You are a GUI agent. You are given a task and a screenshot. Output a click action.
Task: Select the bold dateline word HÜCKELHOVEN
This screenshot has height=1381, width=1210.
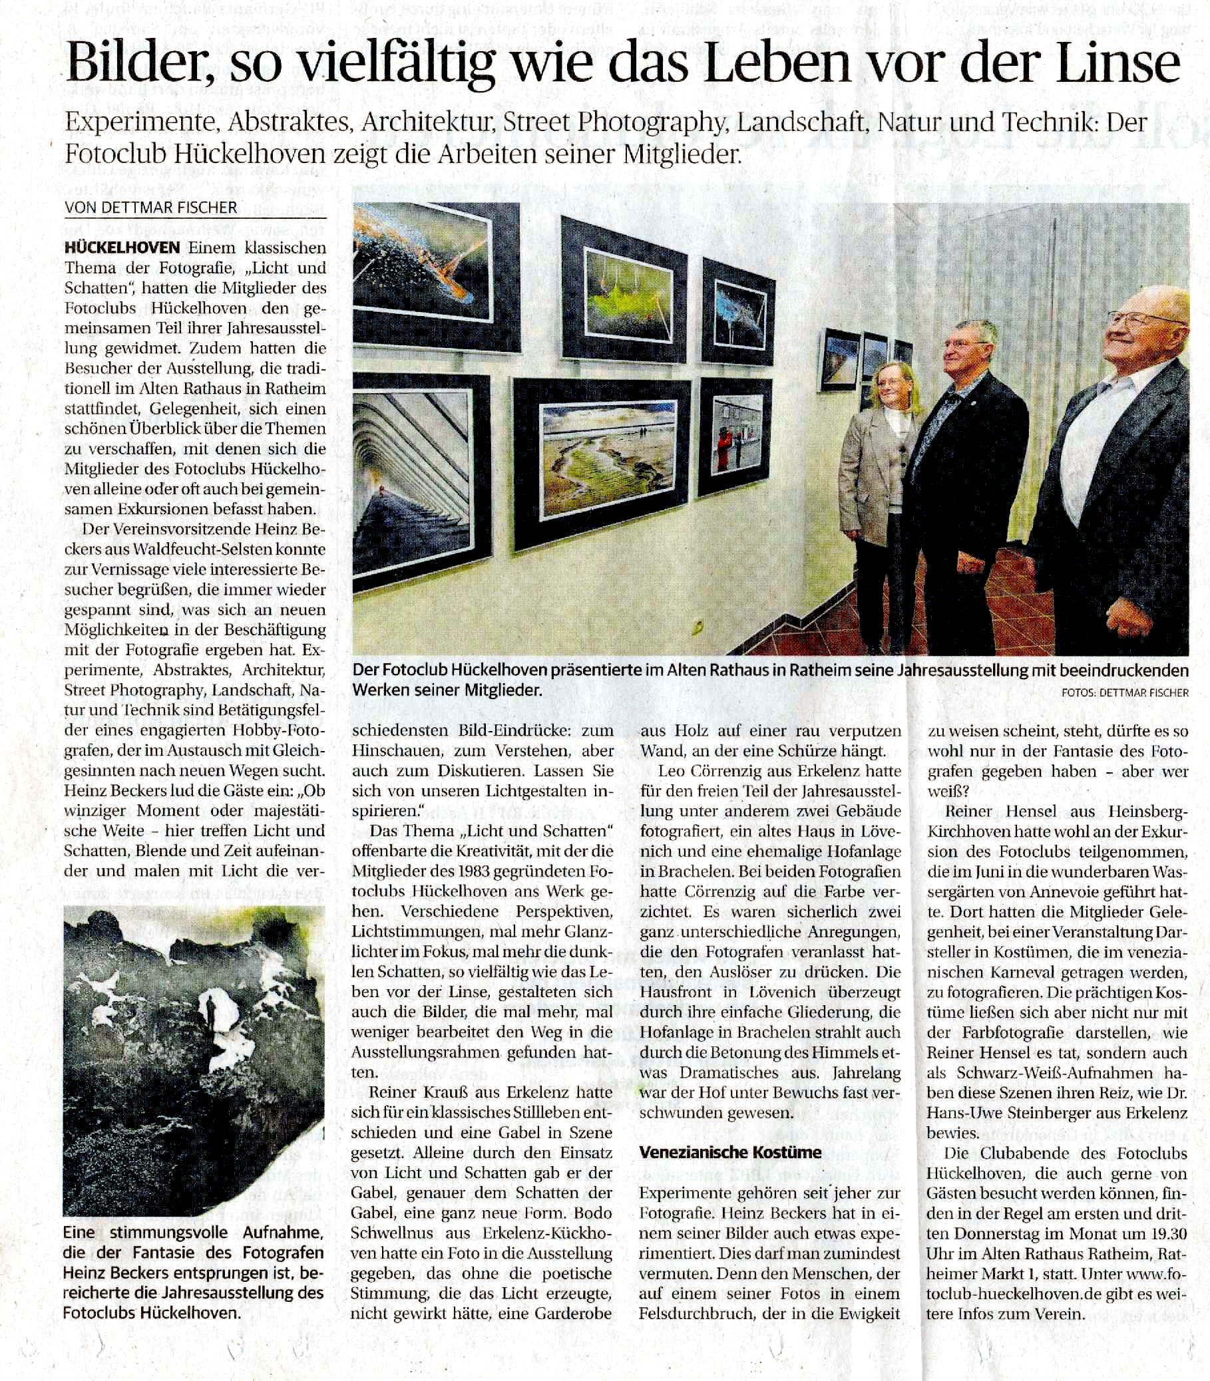[x=122, y=247]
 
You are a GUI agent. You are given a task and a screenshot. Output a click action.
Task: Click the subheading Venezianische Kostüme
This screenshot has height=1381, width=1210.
[x=731, y=1152]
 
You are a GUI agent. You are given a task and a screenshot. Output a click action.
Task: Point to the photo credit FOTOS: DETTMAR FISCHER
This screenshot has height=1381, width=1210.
[x=1125, y=692]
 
